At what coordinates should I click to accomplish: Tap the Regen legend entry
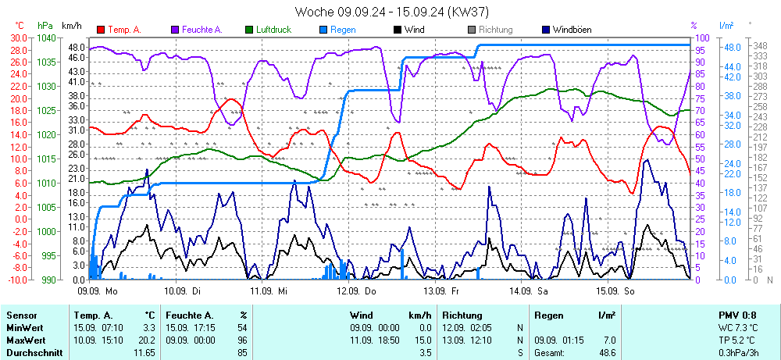(343, 30)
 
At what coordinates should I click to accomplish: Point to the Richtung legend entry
(495, 30)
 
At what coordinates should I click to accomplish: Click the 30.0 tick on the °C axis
(18, 37)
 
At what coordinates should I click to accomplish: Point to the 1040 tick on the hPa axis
(45, 37)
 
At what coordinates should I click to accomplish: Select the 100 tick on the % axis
(702, 37)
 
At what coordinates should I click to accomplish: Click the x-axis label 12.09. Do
(356, 290)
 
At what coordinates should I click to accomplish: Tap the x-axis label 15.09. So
(616, 290)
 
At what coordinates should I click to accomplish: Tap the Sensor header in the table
(22, 315)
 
